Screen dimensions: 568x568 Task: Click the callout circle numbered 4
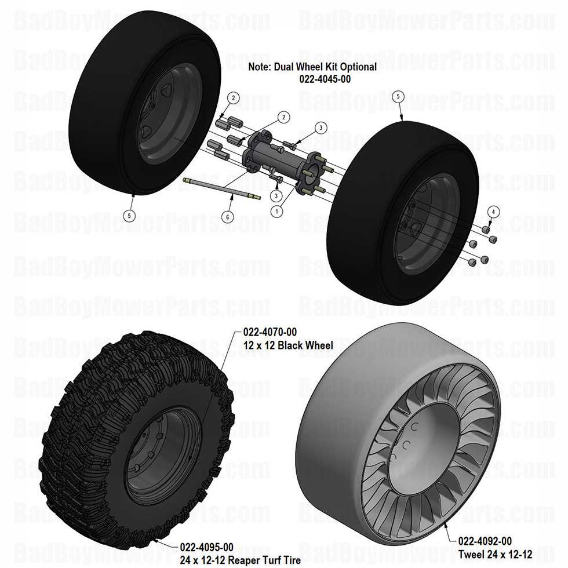[492, 212]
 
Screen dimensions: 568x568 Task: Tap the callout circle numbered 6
[228, 216]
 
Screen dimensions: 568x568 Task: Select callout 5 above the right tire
[398, 97]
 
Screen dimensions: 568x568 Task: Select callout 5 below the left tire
[131, 215]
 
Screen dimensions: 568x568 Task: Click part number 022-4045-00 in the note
[312, 79]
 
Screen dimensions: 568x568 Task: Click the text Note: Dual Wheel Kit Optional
[312, 67]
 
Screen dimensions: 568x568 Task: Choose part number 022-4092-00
[485, 541]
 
